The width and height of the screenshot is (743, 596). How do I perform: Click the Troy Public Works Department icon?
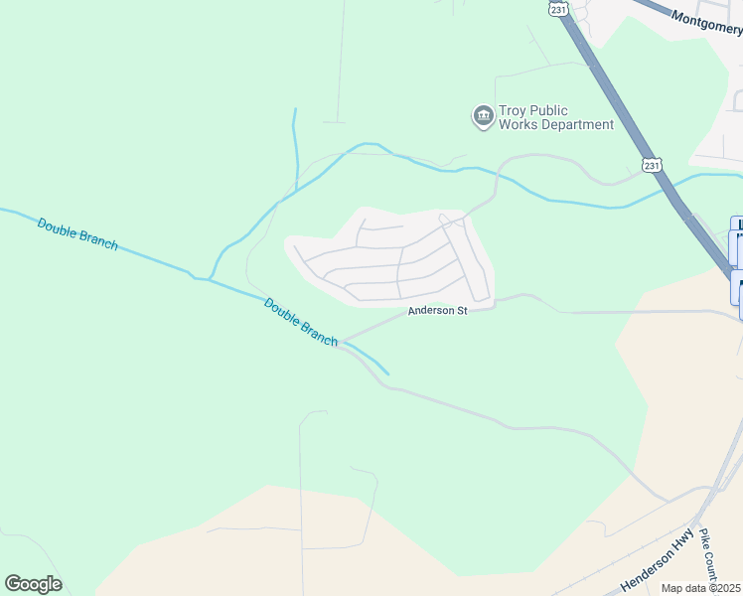point(484,117)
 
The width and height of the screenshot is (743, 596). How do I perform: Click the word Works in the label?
point(519,125)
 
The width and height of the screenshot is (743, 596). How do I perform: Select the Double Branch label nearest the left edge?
point(77,233)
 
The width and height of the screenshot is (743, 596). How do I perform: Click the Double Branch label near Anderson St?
point(301,321)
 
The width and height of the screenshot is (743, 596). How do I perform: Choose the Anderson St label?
point(437,311)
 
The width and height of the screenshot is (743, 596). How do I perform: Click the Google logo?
point(33,584)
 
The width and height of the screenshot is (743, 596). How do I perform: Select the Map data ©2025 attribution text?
point(701,588)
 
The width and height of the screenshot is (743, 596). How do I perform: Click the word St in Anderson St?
point(461,311)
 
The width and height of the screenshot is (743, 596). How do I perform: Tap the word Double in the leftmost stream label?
point(57,225)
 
